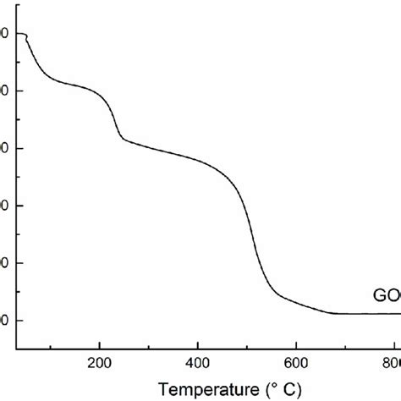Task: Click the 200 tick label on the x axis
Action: pyautogui.click(x=99, y=358)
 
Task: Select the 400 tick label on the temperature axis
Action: pyautogui.click(x=197, y=358)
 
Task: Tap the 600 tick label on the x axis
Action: pyautogui.click(x=295, y=358)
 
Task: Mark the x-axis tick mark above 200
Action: pyautogui.click(x=100, y=342)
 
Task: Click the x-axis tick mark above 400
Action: pyautogui.click(x=198, y=342)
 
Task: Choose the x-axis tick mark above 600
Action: pyautogui.click(x=296, y=342)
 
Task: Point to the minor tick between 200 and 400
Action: pyautogui.click(x=149, y=343)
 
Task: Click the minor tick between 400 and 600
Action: pyautogui.click(x=247, y=343)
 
